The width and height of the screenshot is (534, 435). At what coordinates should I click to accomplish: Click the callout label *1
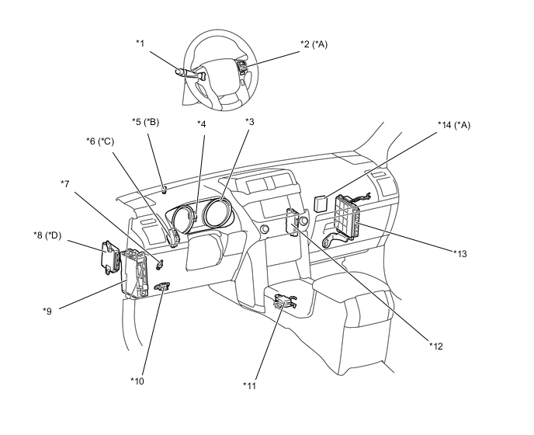[x=140, y=43]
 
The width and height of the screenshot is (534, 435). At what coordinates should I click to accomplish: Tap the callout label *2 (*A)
[x=314, y=44]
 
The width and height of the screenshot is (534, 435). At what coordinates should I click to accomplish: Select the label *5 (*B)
[x=145, y=122]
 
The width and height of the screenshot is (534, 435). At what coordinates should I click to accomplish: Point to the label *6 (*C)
[x=100, y=141]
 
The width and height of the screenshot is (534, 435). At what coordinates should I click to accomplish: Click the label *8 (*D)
[x=47, y=235]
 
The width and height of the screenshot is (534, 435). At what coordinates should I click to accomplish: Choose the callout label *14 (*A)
[x=454, y=125]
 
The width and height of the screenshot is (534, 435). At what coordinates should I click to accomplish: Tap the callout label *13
[x=460, y=254]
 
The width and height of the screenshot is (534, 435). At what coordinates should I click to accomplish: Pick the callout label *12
[x=436, y=346]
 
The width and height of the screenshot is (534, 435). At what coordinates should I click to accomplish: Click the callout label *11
[x=249, y=385]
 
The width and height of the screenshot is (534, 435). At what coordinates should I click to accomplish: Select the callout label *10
[x=137, y=381]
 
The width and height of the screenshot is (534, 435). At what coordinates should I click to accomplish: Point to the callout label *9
[x=47, y=311]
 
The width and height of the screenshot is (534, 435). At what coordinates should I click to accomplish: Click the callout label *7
[x=65, y=184]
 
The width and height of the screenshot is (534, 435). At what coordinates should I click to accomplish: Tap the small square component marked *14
[x=321, y=204]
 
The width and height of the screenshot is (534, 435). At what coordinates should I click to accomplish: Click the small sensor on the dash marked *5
[x=165, y=190]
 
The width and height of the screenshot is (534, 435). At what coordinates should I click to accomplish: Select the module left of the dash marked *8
[x=111, y=257]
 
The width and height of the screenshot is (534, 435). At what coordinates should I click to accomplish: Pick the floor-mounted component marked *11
[x=285, y=301]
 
